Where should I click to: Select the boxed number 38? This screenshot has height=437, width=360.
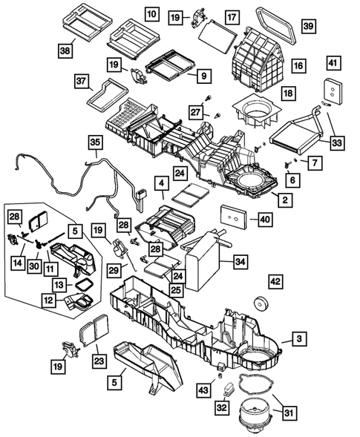66,50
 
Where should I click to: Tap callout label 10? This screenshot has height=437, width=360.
151,14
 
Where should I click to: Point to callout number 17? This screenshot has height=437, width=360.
232,16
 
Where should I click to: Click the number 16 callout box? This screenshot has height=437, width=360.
299,67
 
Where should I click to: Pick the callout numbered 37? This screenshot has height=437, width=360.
82,80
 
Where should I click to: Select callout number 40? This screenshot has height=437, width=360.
264,219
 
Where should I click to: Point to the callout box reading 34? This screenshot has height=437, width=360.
239,261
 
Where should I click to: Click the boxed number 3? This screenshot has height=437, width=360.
298,339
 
